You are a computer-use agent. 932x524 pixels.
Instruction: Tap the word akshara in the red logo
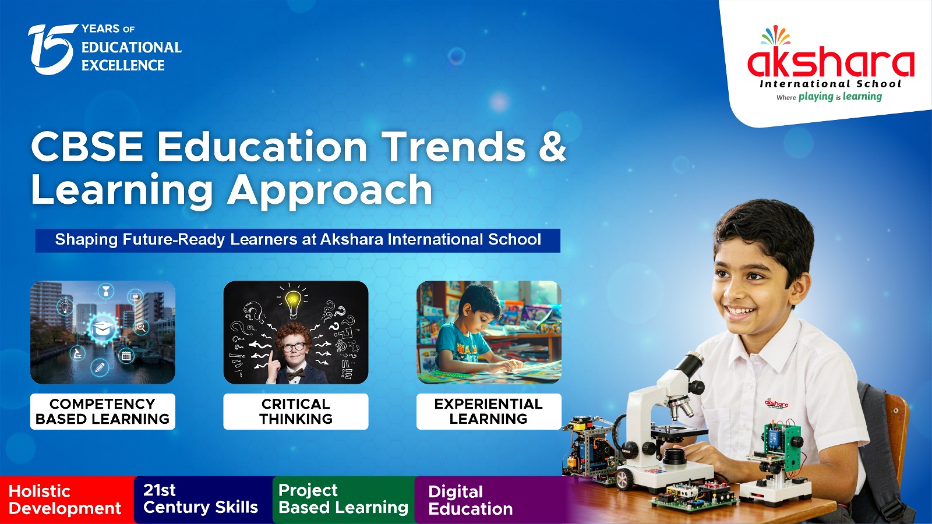831,63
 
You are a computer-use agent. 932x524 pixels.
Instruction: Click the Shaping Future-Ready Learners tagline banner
298,240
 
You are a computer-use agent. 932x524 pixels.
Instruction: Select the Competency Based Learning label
103,411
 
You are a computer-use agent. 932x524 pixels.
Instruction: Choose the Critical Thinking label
296,411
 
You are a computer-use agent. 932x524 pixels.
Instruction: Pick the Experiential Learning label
489,411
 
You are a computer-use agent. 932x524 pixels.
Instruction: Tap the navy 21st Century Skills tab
203,500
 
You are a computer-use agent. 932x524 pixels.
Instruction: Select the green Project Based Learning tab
344,500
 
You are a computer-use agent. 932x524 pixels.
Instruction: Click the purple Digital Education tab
491,500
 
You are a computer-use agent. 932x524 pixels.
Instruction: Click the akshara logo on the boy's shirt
776,403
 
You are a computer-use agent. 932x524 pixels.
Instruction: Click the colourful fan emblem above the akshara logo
776,36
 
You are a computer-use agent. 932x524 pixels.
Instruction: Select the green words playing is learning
840,97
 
